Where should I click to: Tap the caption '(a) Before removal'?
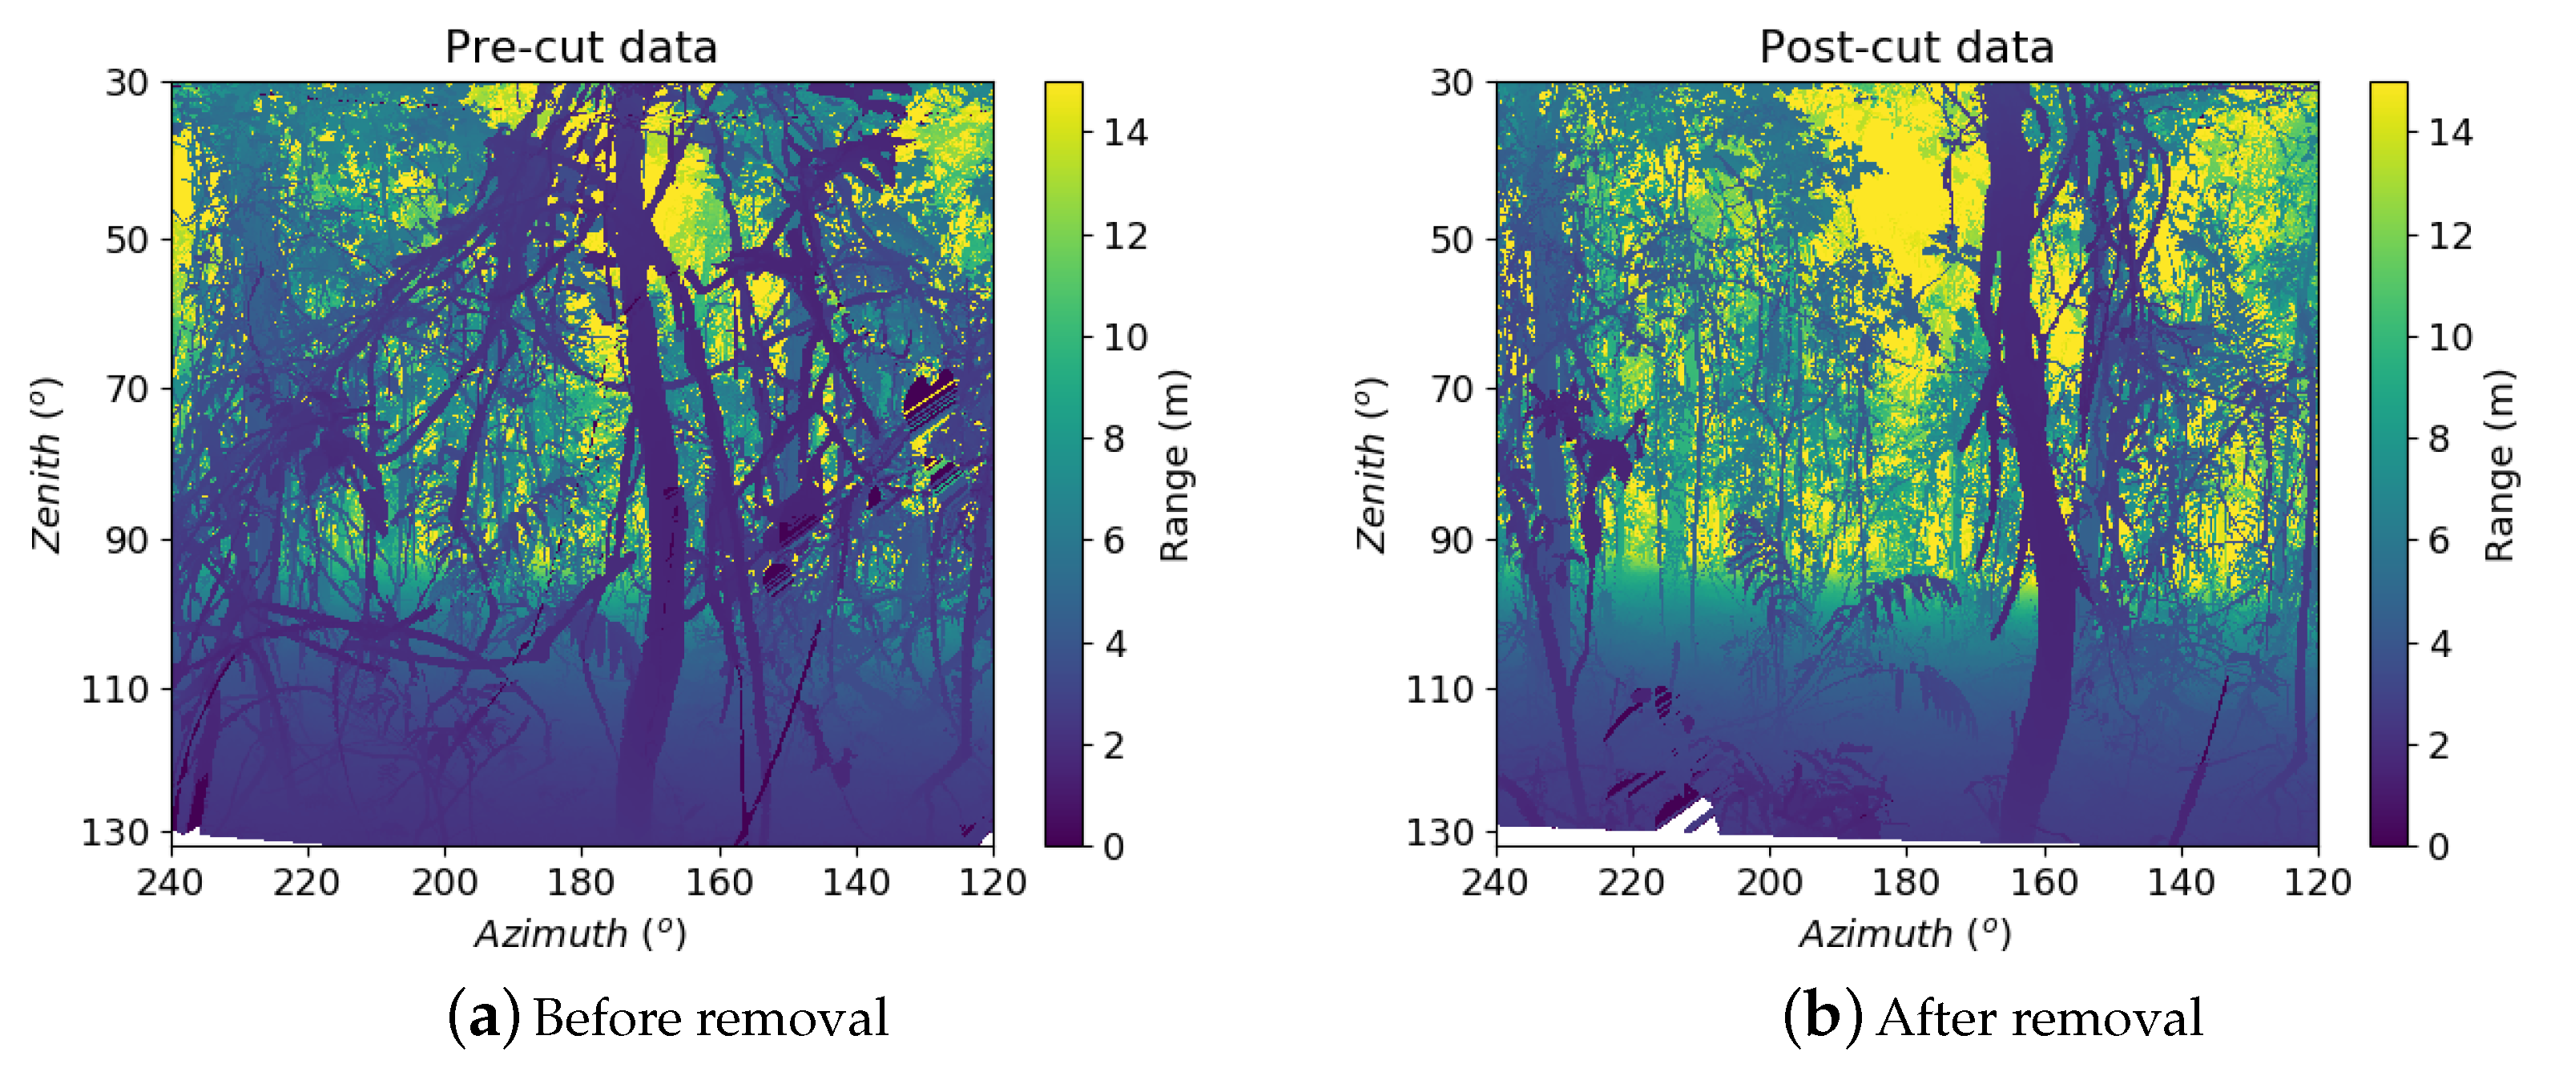tap(667, 1017)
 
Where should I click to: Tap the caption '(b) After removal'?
tap(1992, 1017)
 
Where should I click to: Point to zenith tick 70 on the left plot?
tap(127, 389)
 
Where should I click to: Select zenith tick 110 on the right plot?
tap(1439, 689)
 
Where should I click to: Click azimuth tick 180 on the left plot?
tap(581, 882)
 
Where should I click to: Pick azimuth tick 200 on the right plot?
tap(1769, 882)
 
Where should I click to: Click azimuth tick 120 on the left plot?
tap(992, 882)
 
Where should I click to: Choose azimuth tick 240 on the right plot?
tap(1494, 882)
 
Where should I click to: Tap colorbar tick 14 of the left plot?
tap(1126, 132)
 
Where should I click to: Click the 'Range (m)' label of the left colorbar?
tap(1175, 465)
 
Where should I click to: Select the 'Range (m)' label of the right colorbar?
tap(2500, 465)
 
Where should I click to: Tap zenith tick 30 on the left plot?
tap(127, 83)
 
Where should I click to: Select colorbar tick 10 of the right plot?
tap(2449, 337)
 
